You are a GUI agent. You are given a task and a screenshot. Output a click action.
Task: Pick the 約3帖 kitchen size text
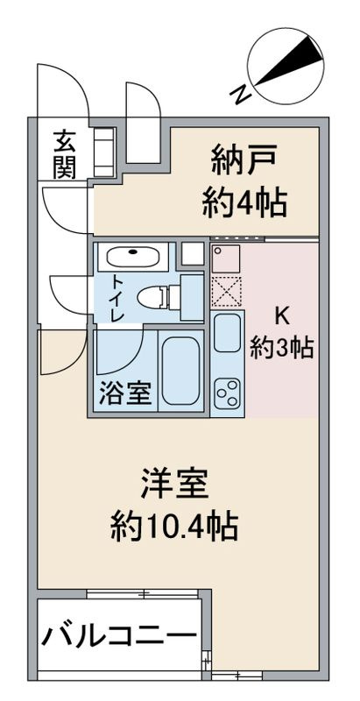click(281, 348)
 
